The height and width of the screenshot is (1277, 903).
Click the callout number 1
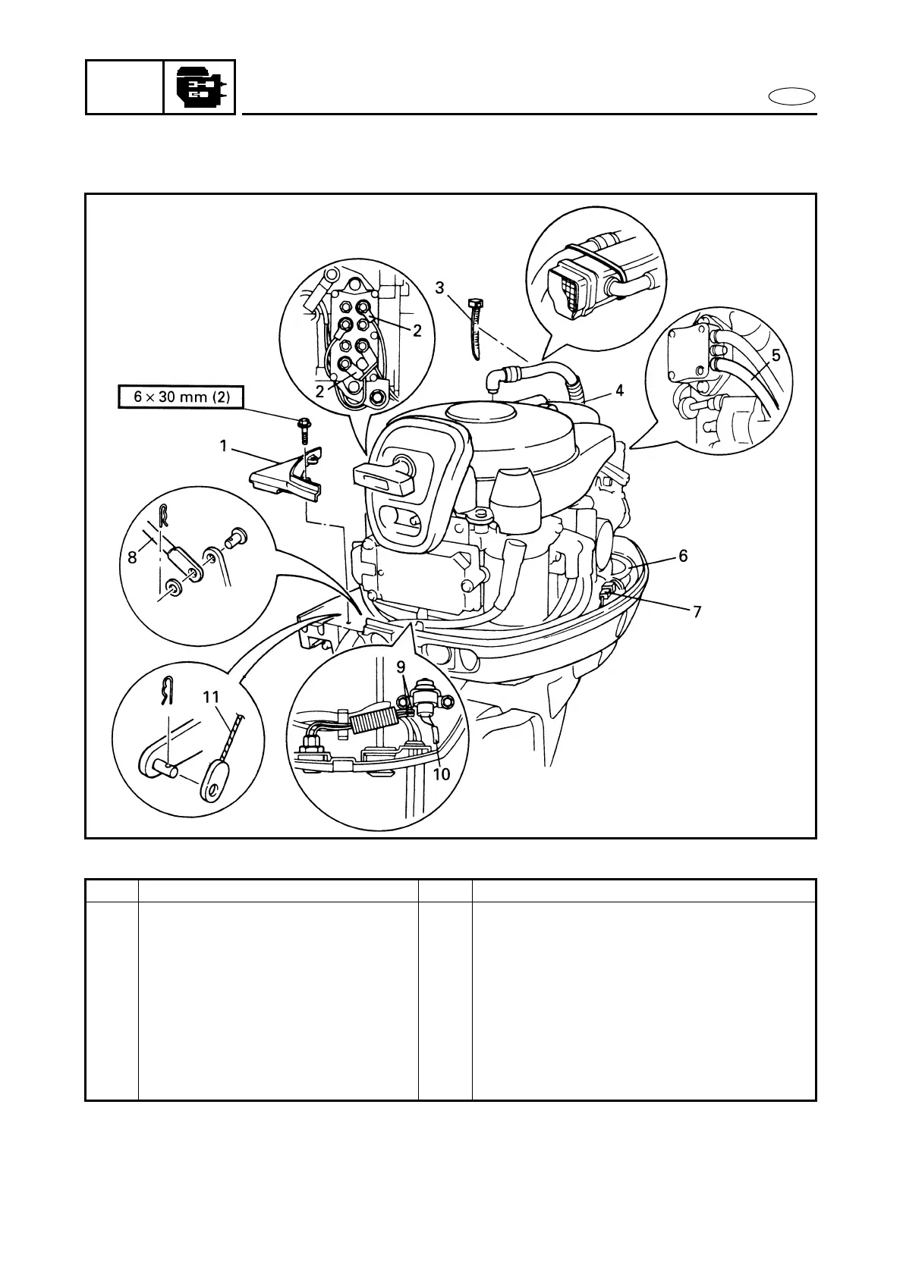pyautogui.click(x=223, y=447)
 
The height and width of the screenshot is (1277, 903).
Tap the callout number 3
pyautogui.click(x=439, y=288)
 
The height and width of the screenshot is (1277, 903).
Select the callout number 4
pyautogui.click(x=620, y=391)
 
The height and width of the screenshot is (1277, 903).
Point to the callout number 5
pyautogui.click(x=776, y=355)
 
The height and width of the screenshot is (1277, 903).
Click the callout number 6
pyautogui.click(x=683, y=556)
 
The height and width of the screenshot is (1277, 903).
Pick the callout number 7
pyautogui.click(x=697, y=610)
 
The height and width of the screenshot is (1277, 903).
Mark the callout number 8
pyautogui.click(x=132, y=557)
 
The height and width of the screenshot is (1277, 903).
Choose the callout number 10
pyautogui.click(x=441, y=774)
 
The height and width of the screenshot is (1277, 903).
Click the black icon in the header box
pyautogui.click(x=200, y=87)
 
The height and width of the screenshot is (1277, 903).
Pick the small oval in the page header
pyautogui.click(x=791, y=97)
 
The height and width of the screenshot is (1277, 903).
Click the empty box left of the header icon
pyautogui.click(x=124, y=87)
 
